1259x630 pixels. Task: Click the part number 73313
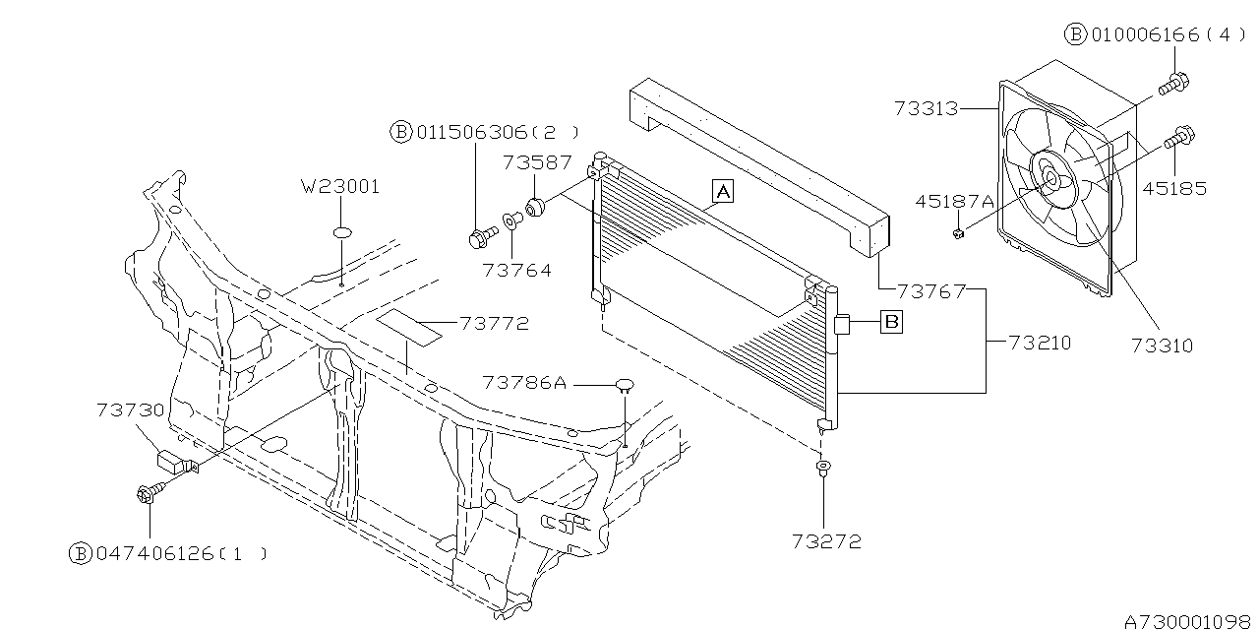926,108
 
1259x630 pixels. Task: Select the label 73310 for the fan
1162,346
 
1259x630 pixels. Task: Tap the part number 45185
1173,189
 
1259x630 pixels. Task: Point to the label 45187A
954,202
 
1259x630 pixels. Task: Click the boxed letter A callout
723,191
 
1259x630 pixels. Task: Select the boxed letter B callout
890,320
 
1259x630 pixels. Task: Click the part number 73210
1040,344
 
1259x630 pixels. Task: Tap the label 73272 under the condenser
826,540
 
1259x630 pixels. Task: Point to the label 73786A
524,382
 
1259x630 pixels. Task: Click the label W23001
340,186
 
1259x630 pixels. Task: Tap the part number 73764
516,270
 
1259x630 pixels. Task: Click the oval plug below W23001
341,232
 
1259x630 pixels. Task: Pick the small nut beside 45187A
957,232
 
